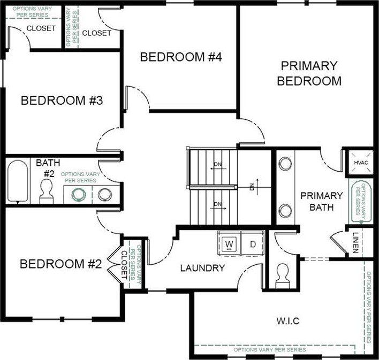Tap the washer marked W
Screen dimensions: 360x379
click(x=229, y=244)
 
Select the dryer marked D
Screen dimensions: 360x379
click(x=253, y=244)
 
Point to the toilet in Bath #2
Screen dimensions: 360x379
click(x=47, y=192)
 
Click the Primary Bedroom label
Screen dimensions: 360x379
click(x=310, y=73)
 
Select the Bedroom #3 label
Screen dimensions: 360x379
click(x=62, y=100)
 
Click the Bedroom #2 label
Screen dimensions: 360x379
click(x=60, y=264)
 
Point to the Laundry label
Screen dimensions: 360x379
click(x=202, y=268)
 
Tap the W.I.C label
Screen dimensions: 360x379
click(x=287, y=321)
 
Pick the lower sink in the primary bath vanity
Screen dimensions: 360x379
click(x=285, y=210)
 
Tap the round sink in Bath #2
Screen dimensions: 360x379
click(x=104, y=194)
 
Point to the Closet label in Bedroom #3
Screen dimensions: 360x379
click(x=41, y=28)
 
